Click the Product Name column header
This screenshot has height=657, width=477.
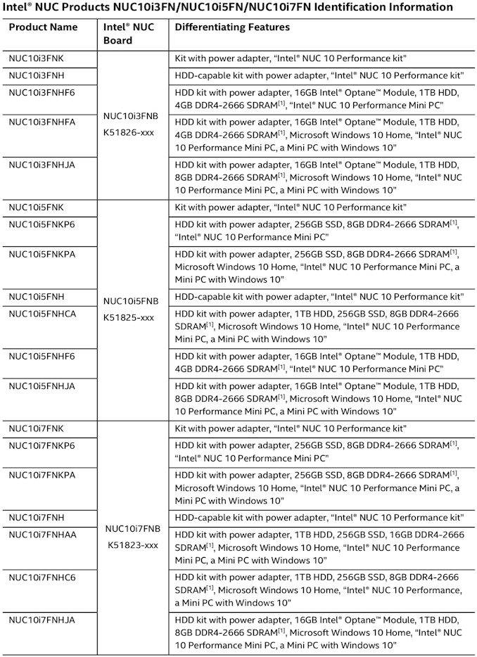click(43, 27)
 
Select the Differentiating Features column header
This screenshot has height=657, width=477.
click(231, 27)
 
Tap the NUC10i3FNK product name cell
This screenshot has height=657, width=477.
click(36, 58)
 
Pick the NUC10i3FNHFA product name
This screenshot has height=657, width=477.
click(42, 122)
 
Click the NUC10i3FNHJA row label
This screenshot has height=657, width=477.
click(42, 165)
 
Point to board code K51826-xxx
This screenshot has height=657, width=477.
click(129, 132)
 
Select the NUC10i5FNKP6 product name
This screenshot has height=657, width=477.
click(42, 224)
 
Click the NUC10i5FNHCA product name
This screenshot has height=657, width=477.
click(42, 313)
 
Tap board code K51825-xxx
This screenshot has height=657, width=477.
click(129, 317)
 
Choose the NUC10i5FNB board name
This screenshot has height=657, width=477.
click(131, 301)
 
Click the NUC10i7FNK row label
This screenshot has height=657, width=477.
click(37, 428)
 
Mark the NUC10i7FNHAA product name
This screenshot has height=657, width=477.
click(42, 534)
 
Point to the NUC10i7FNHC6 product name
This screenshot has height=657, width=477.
click(42, 577)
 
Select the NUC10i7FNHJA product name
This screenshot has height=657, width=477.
click(42, 620)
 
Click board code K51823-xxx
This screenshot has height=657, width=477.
click(131, 544)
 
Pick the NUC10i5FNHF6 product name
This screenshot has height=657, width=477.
click(42, 356)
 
